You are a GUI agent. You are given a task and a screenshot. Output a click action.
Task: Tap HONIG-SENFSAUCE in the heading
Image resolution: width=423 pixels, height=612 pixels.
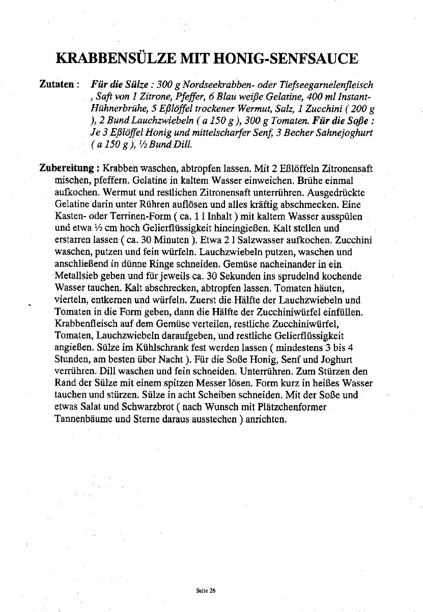(x=287, y=58)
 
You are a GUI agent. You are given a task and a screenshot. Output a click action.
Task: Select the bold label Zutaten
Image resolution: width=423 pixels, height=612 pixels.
(x=57, y=84)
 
